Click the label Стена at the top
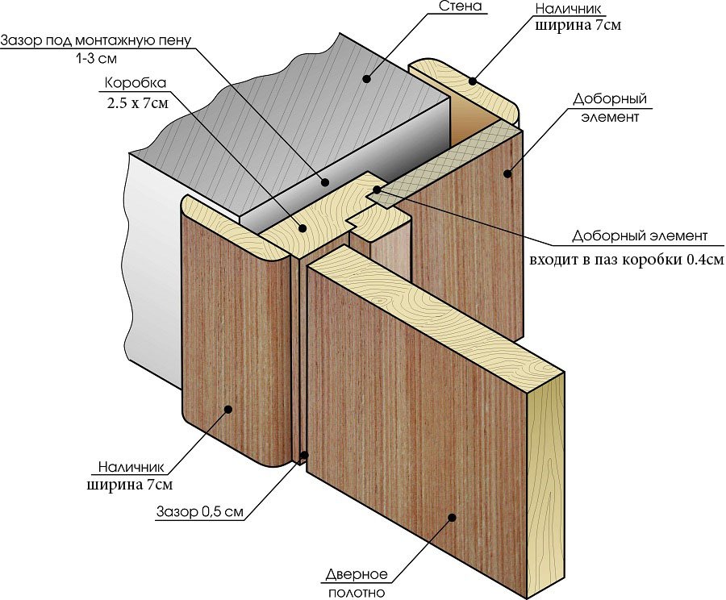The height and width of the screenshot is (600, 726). pos(461,7)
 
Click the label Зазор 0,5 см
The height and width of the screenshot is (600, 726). pos(198,512)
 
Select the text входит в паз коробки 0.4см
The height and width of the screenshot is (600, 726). pos(625,260)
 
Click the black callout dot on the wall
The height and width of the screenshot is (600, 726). pos(366,79)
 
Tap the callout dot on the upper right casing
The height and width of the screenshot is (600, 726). pos(474,81)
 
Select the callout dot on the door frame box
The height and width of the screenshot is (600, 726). pos(302,228)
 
